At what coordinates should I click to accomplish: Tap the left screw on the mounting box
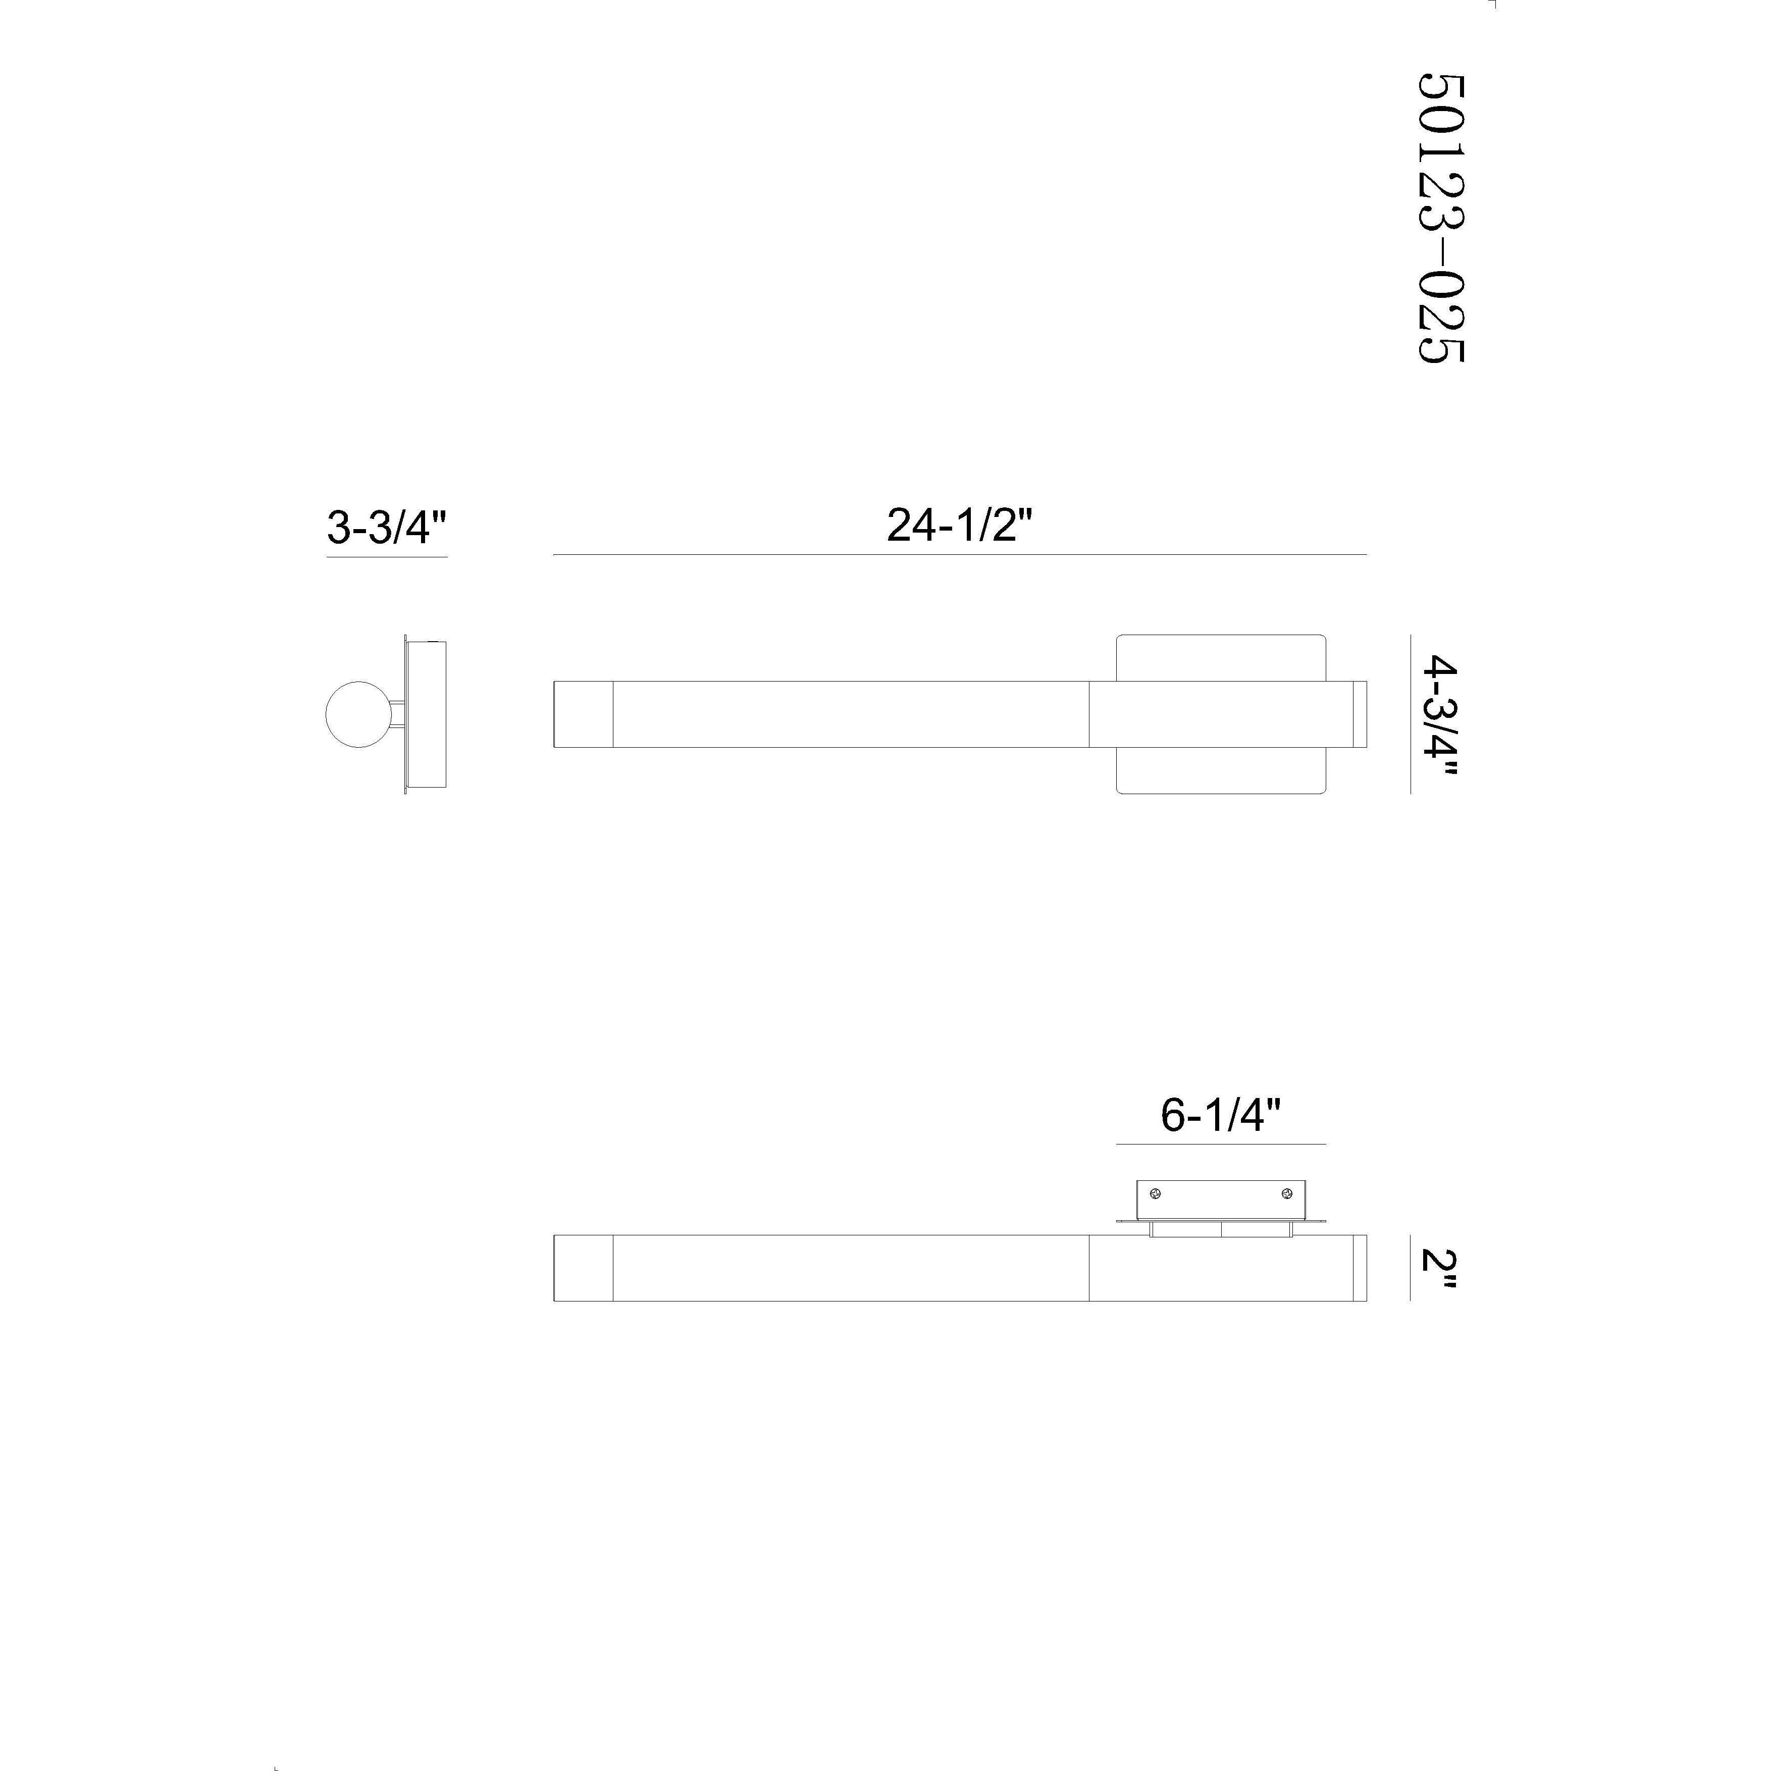click(x=1155, y=1193)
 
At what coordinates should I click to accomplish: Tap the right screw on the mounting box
click(x=1287, y=1193)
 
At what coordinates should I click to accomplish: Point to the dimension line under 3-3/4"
click(x=387, y=556)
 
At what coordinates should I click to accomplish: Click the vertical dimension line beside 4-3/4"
click(x=1410, y=714)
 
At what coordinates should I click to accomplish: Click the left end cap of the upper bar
click(x=583, y=714)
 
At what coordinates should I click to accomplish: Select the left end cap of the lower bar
click(x=583, y=1268)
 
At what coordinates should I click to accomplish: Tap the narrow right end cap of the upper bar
click(x=1360, y=714)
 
